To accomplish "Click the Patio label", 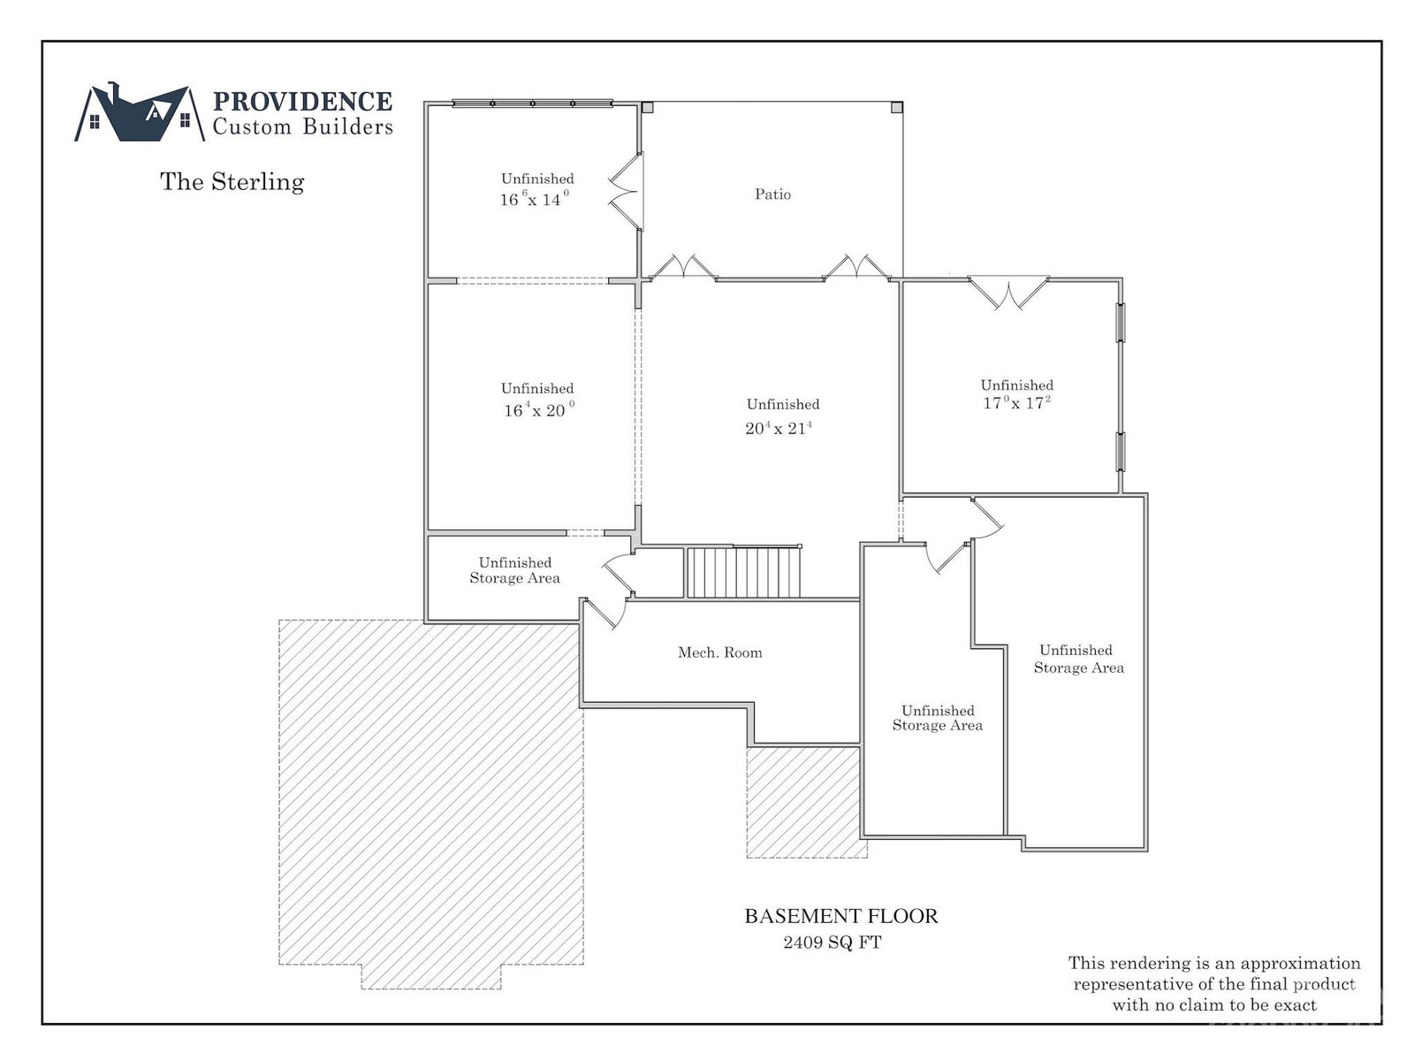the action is pos(772,194).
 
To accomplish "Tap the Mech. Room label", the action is pos(719,653).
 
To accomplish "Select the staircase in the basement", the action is pos(744,572).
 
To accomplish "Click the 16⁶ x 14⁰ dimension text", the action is pos(534,198).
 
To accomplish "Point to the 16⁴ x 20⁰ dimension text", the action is pos(538,409).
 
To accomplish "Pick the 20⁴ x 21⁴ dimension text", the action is pos(779,428).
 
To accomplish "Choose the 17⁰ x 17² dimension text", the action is pos(1016,402).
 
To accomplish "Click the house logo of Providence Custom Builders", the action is pos(140,112).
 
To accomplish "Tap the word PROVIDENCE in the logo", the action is pos(302,101).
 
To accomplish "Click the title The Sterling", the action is pos(232,181).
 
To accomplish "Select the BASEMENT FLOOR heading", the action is pos(840,916).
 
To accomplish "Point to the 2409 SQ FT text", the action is pos(832,943).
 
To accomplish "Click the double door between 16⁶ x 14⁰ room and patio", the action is pos(626,191).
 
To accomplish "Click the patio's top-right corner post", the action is pos(897,107).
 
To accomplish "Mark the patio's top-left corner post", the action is pos(648,107).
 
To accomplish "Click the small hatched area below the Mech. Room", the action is pos(807,801).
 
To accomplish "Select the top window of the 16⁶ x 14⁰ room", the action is pos(532,103).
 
